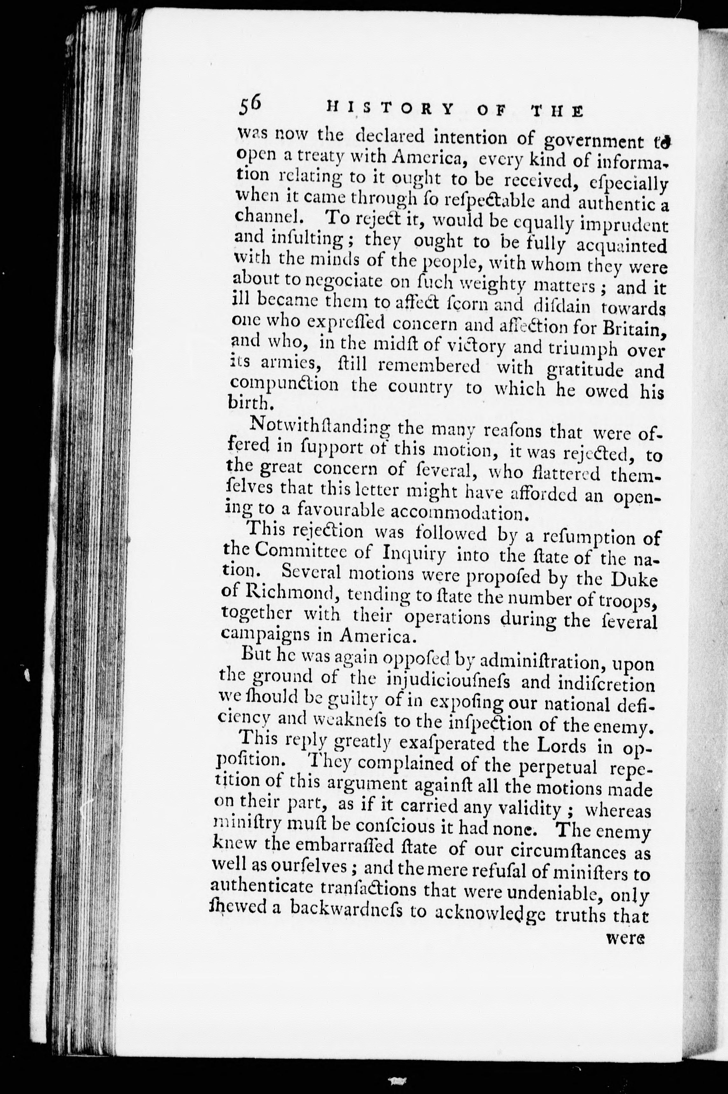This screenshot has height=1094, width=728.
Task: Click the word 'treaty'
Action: coord(317,159)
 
